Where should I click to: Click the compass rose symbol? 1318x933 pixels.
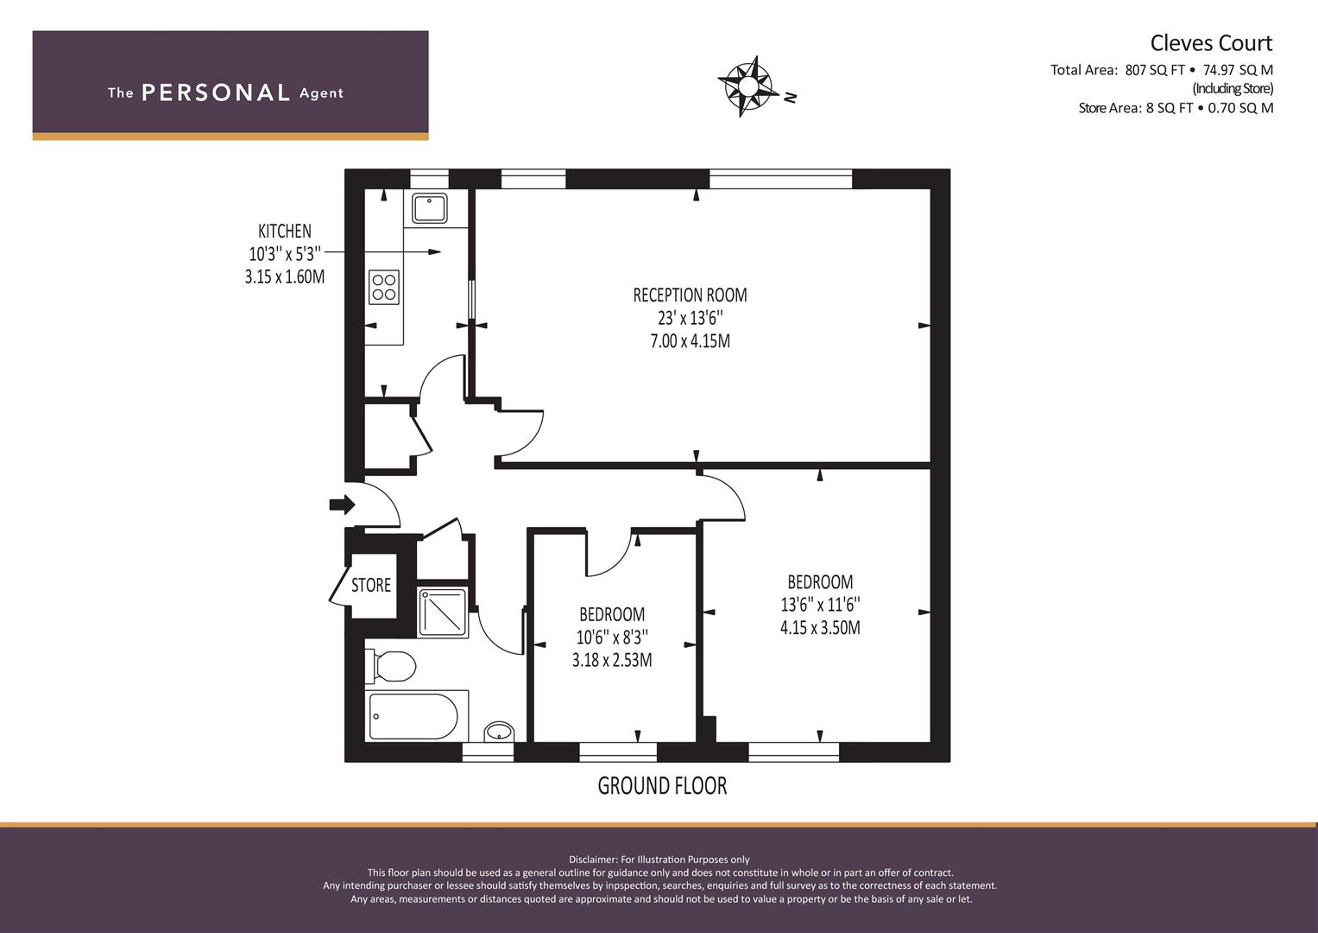(x=747, y=86)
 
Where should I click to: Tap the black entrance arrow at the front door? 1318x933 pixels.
(x=342, y=505)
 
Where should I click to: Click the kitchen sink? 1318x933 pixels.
(x=430, y=208)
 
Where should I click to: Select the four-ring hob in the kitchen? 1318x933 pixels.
(x=383, y=287)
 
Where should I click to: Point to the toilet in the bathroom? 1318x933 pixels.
(x=390, y=666)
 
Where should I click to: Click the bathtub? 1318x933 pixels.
(x=413, y=715)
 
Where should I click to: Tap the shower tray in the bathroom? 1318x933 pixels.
(x=443, y=612)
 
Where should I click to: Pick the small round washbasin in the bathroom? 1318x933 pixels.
(x=499, y=733)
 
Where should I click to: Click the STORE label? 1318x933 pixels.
(x=370, y=585)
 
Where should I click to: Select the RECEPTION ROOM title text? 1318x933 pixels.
(x=690, y=295)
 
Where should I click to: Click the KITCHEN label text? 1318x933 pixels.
(x=285, y=231)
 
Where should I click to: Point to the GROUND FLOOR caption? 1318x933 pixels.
(x=662, y=786)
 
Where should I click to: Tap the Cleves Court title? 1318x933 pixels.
(x=1211, y=43)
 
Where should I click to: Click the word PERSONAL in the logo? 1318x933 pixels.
(x=216, y=92)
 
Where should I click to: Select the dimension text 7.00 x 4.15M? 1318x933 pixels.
(x=690, y=341)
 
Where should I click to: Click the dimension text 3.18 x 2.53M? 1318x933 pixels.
(x=612, y=660)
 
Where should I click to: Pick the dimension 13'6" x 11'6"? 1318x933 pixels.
(x=820, y=605)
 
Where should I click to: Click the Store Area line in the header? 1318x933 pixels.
(x=1176, y=108)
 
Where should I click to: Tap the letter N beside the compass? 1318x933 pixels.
(x=791, y=98)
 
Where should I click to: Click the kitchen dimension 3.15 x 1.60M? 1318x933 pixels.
(x=285, y=276)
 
